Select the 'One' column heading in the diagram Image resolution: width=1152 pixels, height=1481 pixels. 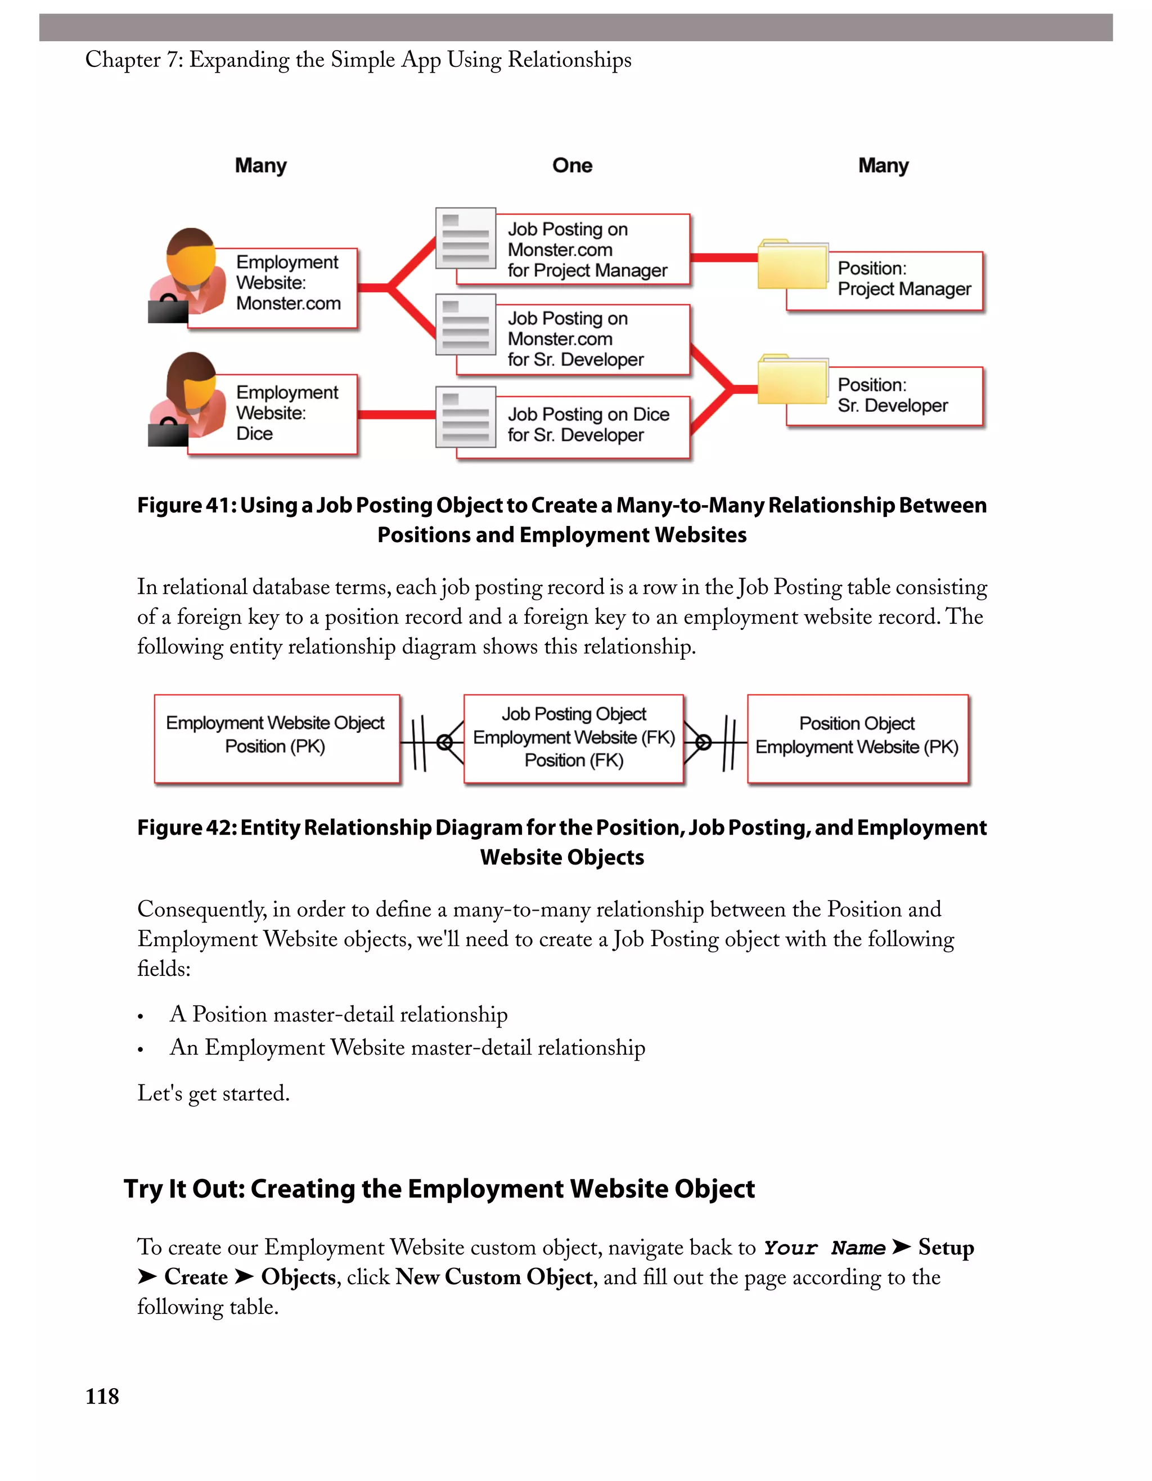(x=572, y=165)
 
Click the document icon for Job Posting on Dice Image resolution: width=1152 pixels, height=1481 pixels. (x=466, y=416)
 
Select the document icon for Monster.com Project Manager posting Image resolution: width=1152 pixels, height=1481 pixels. (x=466, y=238)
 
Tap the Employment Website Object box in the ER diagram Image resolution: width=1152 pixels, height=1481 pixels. (x=277, y=739)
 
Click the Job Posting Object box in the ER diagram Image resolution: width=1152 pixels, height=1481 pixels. (x=574, y=739)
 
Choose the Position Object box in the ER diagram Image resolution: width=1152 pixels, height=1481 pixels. (x=858, y=739)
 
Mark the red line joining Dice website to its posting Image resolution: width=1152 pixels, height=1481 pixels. (x=397, y=415)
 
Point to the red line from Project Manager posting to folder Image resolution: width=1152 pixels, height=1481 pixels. (x=723, y=257)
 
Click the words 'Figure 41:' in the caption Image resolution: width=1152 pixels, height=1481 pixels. (x=186, y=505)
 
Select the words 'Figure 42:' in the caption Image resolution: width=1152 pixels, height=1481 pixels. (x=186, y=827)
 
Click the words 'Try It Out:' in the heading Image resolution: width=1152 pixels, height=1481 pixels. (x=184, y=1189)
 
